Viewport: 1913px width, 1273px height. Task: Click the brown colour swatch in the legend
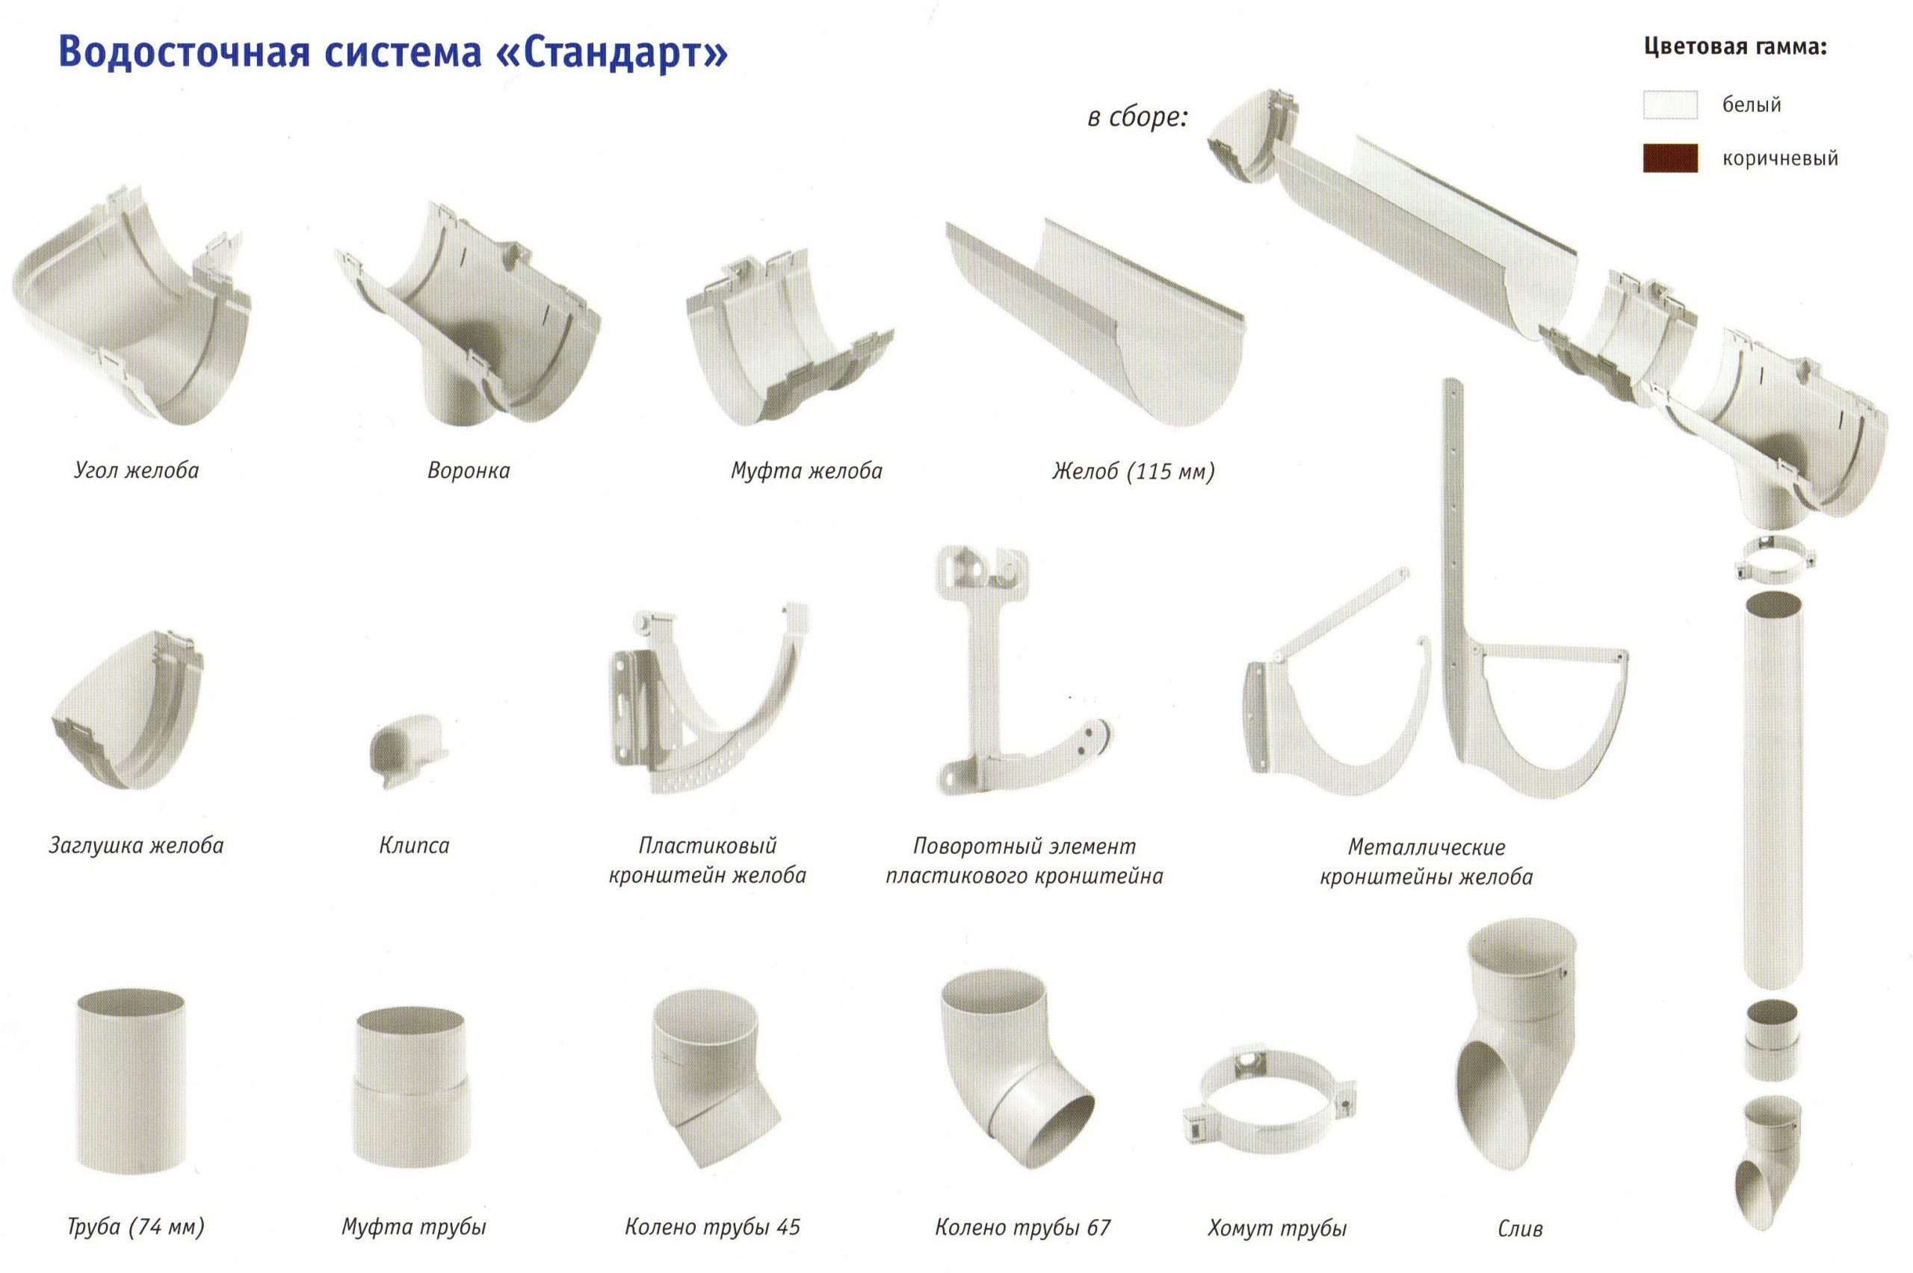pyautogui.click(x=1669, y=158)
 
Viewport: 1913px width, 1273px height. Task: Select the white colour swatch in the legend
pyautogui.click(x=1669, y=105)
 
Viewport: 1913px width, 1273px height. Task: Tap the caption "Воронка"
pyautogui.click(x=469, y=471)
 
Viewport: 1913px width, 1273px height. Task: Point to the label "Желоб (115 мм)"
pyautogui.click(x=1133, y=471)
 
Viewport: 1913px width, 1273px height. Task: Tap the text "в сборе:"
pyautogui.click(x=1137, y=118)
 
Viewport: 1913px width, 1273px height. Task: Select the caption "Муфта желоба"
pyautogui.click(x=806, y=471)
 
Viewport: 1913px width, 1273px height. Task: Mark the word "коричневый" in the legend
pyautogui.click(x=1781, y=158)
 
